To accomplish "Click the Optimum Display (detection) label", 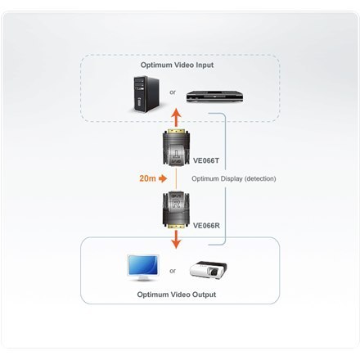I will tap(234, 178).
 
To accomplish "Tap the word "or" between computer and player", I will tap(173, 92).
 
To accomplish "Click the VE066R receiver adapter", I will tap(178, 209).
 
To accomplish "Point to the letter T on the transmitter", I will tap(178, 156).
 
